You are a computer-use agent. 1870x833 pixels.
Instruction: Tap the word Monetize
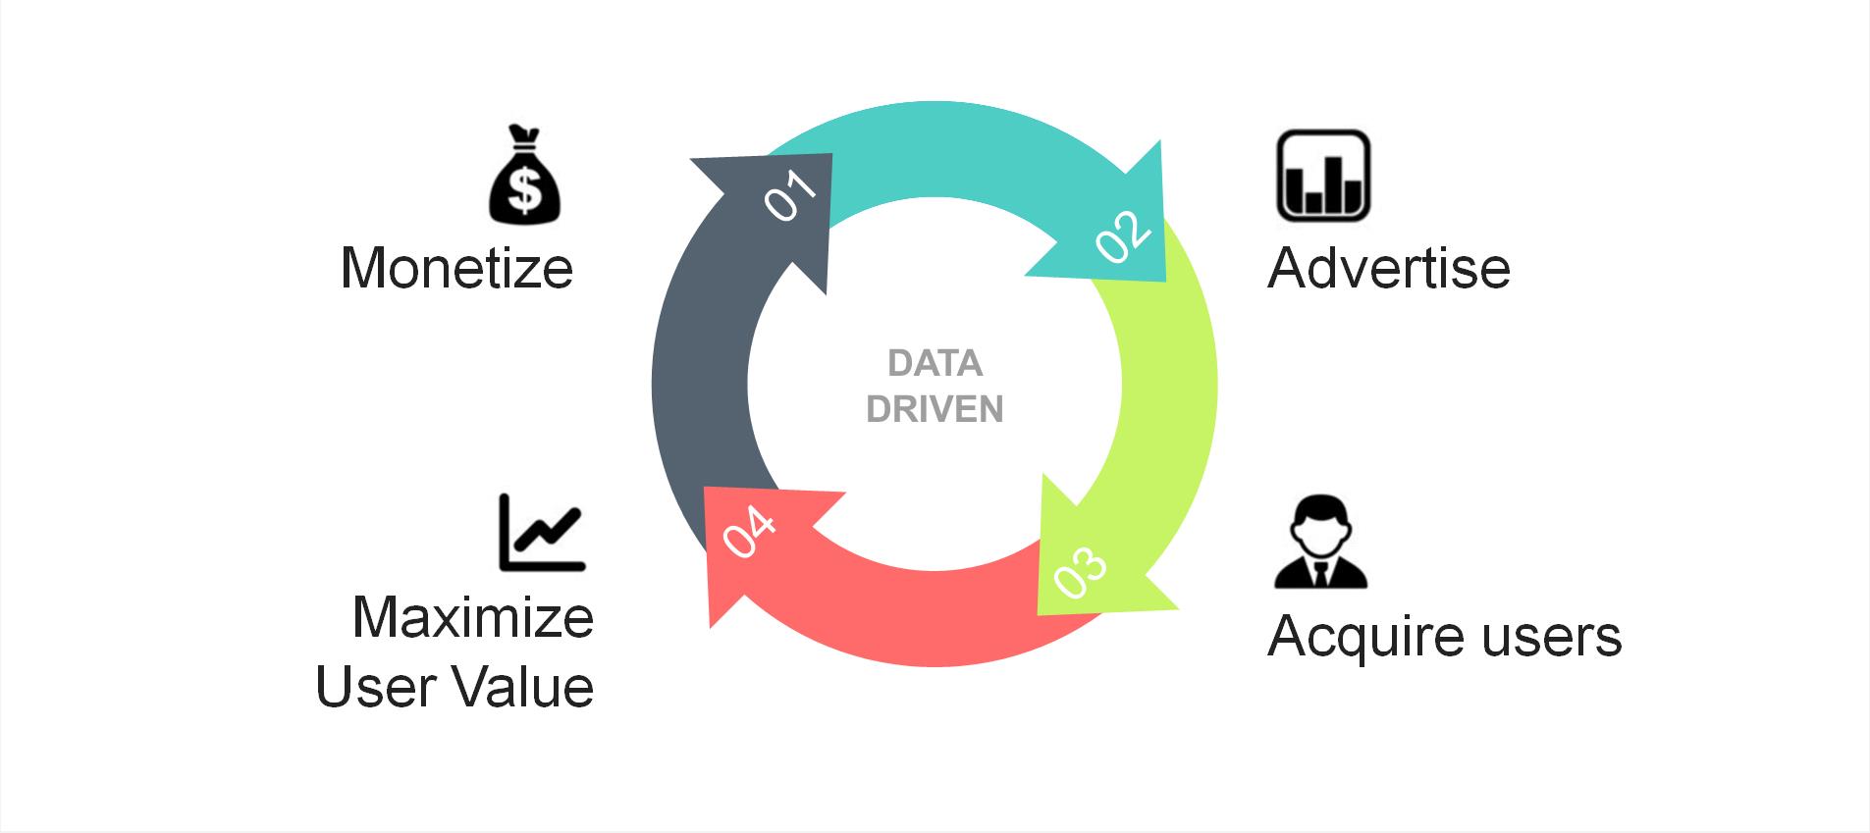[456, 268]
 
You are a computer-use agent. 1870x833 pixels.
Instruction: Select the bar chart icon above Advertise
[1322, 176]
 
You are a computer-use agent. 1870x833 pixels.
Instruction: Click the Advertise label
[1388, 268]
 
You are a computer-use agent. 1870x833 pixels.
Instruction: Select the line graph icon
[542, 533]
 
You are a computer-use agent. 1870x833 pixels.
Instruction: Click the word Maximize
[473, 617]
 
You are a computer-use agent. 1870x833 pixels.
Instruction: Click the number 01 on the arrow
[790, 196]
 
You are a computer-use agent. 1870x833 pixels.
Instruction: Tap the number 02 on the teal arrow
[1123, 235]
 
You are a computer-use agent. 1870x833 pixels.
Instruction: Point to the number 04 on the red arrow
[749, 533]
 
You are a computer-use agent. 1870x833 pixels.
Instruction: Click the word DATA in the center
[935, 364]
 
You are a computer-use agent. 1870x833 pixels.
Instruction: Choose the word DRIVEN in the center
[935, 409]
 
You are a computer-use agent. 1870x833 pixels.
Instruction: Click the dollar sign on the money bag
[525, 189]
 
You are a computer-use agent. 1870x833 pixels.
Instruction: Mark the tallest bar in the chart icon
[1333, 185]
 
